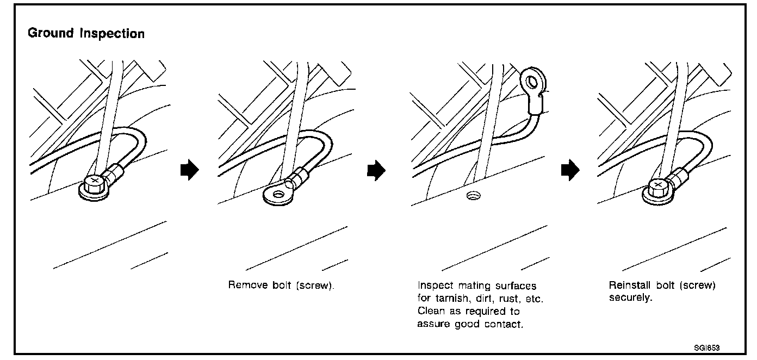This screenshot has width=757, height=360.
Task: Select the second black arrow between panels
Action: tap(376, 171)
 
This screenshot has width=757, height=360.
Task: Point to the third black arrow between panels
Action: tap(570, 171)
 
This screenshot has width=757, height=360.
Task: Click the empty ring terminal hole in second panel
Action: tap(280, 194)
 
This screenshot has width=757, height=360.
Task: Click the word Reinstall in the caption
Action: tap(628, 285)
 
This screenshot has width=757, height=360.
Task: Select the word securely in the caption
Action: tap(630, 299)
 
